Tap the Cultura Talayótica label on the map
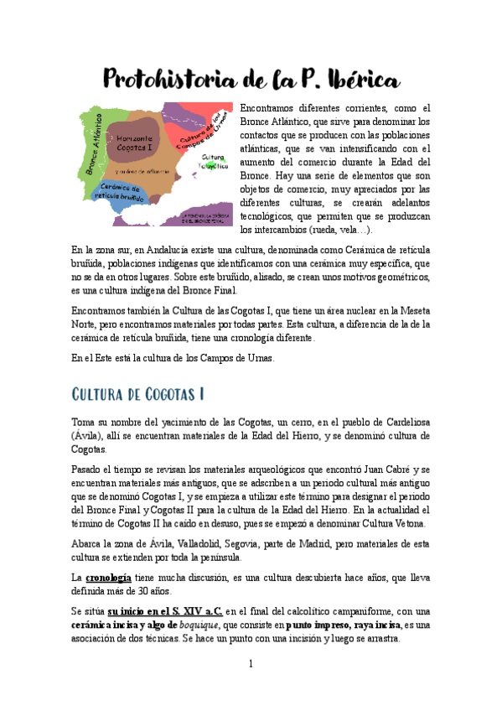(213, 160)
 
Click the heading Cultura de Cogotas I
(138, 394)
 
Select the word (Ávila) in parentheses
(87, 436)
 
